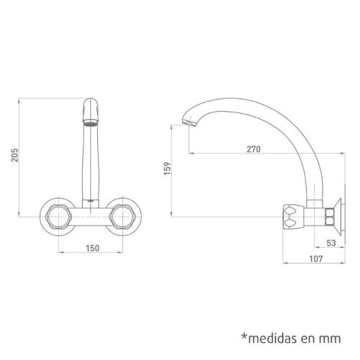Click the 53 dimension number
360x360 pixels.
tap(330, 243)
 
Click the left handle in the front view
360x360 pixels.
tap(58, 214)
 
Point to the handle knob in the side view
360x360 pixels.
tap(293, 214)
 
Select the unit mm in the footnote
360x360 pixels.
tap(330, 337)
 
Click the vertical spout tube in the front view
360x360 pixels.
tap(90, 162)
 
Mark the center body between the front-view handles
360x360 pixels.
tap(90, 214)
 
